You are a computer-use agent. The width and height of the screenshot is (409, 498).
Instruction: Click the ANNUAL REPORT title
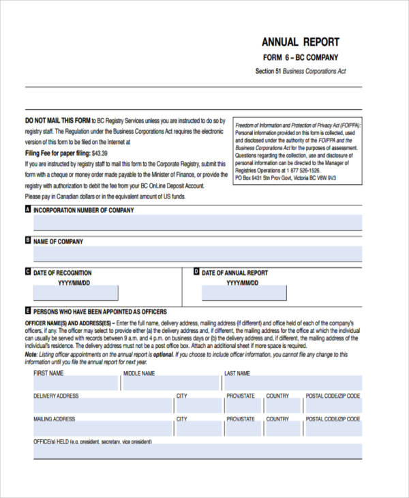point(301,42)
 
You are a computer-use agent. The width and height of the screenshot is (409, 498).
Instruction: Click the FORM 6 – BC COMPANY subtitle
point(301,57)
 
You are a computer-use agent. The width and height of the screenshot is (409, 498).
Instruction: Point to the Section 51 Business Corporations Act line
point(301,71)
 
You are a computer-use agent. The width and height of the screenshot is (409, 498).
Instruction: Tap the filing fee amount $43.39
point(100,153)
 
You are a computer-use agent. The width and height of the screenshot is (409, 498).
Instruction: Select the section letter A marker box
point(28,209)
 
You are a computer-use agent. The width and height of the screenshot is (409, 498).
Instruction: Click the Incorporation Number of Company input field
point(198,223)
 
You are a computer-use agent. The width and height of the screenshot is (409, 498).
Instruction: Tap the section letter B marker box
point(28,241)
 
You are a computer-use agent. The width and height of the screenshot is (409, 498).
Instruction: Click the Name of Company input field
point(198,254)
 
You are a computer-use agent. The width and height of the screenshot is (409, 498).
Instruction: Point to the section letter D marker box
point(196,272)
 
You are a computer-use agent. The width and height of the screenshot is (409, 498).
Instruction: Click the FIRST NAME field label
point(48,374)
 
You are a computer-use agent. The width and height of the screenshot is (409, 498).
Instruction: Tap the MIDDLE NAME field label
point(140,374)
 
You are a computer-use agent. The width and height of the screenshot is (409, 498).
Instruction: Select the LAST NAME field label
point(237,374)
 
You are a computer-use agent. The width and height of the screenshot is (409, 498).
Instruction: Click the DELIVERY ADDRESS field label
point(56,396)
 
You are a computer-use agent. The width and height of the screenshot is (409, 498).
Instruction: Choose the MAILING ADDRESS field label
point(54,419)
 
